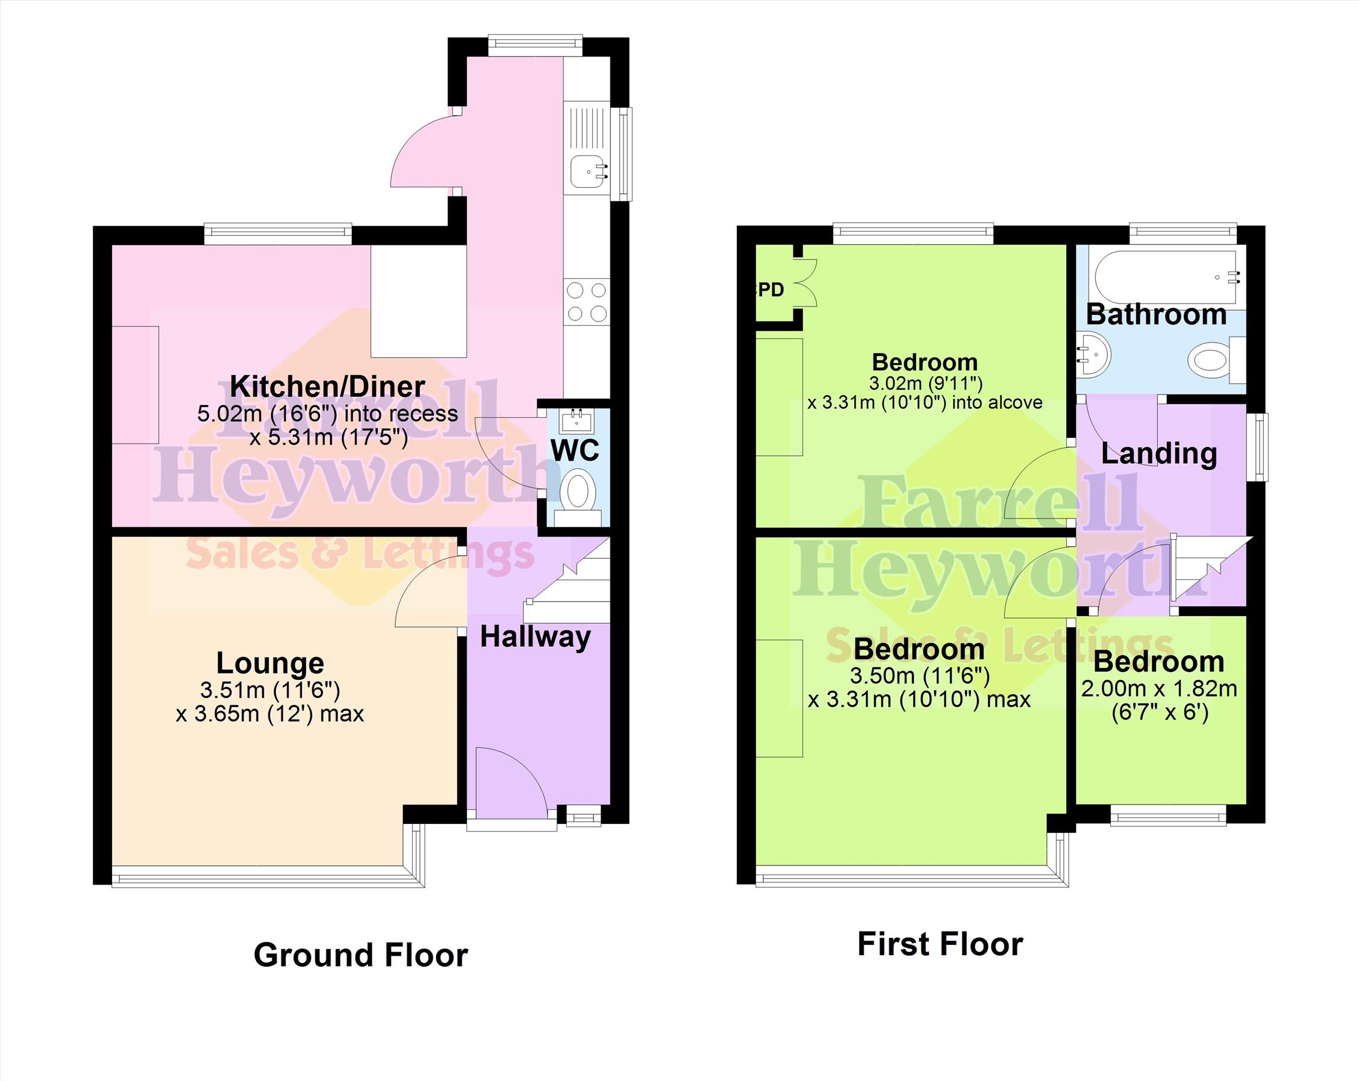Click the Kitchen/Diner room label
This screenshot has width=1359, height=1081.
(x=327, y=386)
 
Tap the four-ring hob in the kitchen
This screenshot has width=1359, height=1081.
(x=587, y=302)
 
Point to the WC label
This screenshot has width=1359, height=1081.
(x=575, y=450)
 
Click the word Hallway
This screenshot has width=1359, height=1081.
(x=535, y=637)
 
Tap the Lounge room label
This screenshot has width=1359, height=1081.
(x=270, y=662)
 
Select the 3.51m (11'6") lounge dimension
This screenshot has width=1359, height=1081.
(x=270, y=690)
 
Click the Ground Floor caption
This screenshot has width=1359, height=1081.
(x=361, y=955)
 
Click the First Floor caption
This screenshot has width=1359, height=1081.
(x=940, y=944)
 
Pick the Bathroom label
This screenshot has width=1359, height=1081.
(x=1156, y=314)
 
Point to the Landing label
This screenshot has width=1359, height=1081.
(x=1158, y=454)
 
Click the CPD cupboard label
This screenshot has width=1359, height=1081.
(x=769, y=289)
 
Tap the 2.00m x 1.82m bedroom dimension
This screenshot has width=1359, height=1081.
(x=1159, y=689)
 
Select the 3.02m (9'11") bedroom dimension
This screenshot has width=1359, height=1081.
(x=926, y=383)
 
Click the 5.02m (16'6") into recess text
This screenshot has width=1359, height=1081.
(x=327, y=414)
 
